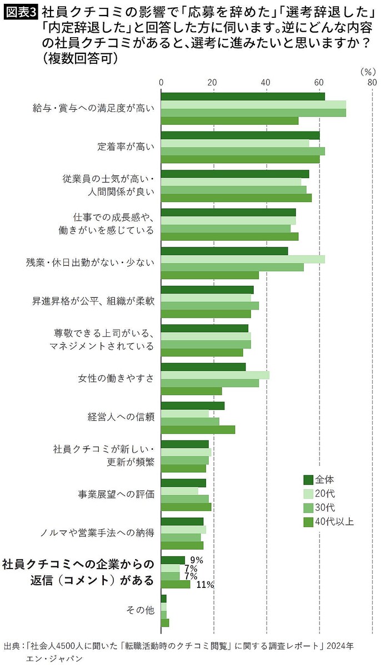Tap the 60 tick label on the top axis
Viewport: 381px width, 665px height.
(x=319, y=83)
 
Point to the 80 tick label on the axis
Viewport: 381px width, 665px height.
(x=372, y=83)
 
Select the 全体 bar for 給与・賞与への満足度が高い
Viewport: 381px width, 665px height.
(x=243, y=97)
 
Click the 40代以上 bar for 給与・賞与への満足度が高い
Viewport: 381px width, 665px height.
(x=229, y=120)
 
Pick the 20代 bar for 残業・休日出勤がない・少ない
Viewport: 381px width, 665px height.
(x=243, y=259)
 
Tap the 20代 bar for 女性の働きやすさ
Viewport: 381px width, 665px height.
(x=215, y=375)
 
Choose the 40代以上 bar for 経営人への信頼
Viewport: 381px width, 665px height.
(x=198, y=429)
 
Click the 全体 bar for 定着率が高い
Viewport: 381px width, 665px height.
(x=240, y=135)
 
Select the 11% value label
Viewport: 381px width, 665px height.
(x=205, y=585)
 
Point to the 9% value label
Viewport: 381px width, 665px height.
(x=197, y=560)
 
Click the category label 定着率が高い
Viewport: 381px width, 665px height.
(x=126, y=147)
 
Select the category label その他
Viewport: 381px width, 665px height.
(x=140, y=610)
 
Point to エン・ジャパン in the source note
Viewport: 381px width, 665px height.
(x=53, y=658)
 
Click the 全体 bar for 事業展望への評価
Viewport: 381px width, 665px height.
(x=183, y=483)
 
